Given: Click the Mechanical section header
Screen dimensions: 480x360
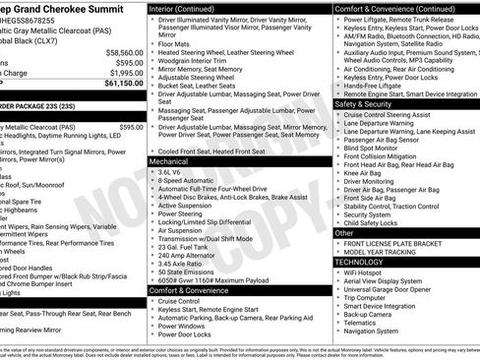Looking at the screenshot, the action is click(169, 160).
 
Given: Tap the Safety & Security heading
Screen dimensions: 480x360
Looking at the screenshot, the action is click(364, 103).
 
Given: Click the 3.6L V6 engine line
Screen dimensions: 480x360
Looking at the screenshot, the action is click(173, 171).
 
